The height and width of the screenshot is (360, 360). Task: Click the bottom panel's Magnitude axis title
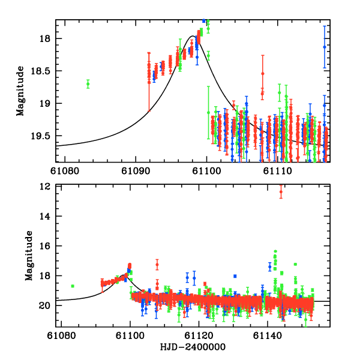[28, 257]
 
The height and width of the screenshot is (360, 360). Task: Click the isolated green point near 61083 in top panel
[88, 84]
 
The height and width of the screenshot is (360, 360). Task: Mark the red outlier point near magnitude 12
[281, 192]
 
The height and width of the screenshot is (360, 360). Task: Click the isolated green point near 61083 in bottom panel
[73, 286]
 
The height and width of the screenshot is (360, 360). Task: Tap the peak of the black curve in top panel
[193, 36]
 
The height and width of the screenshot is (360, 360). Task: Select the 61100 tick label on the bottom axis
[130, 336]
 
